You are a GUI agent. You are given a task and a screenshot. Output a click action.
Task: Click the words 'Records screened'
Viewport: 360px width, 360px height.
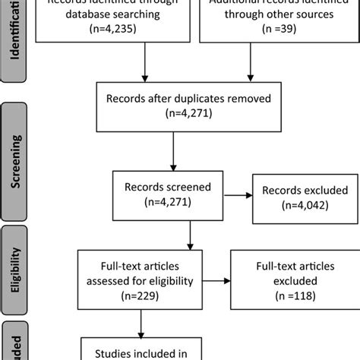click(x=158, y=186)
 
